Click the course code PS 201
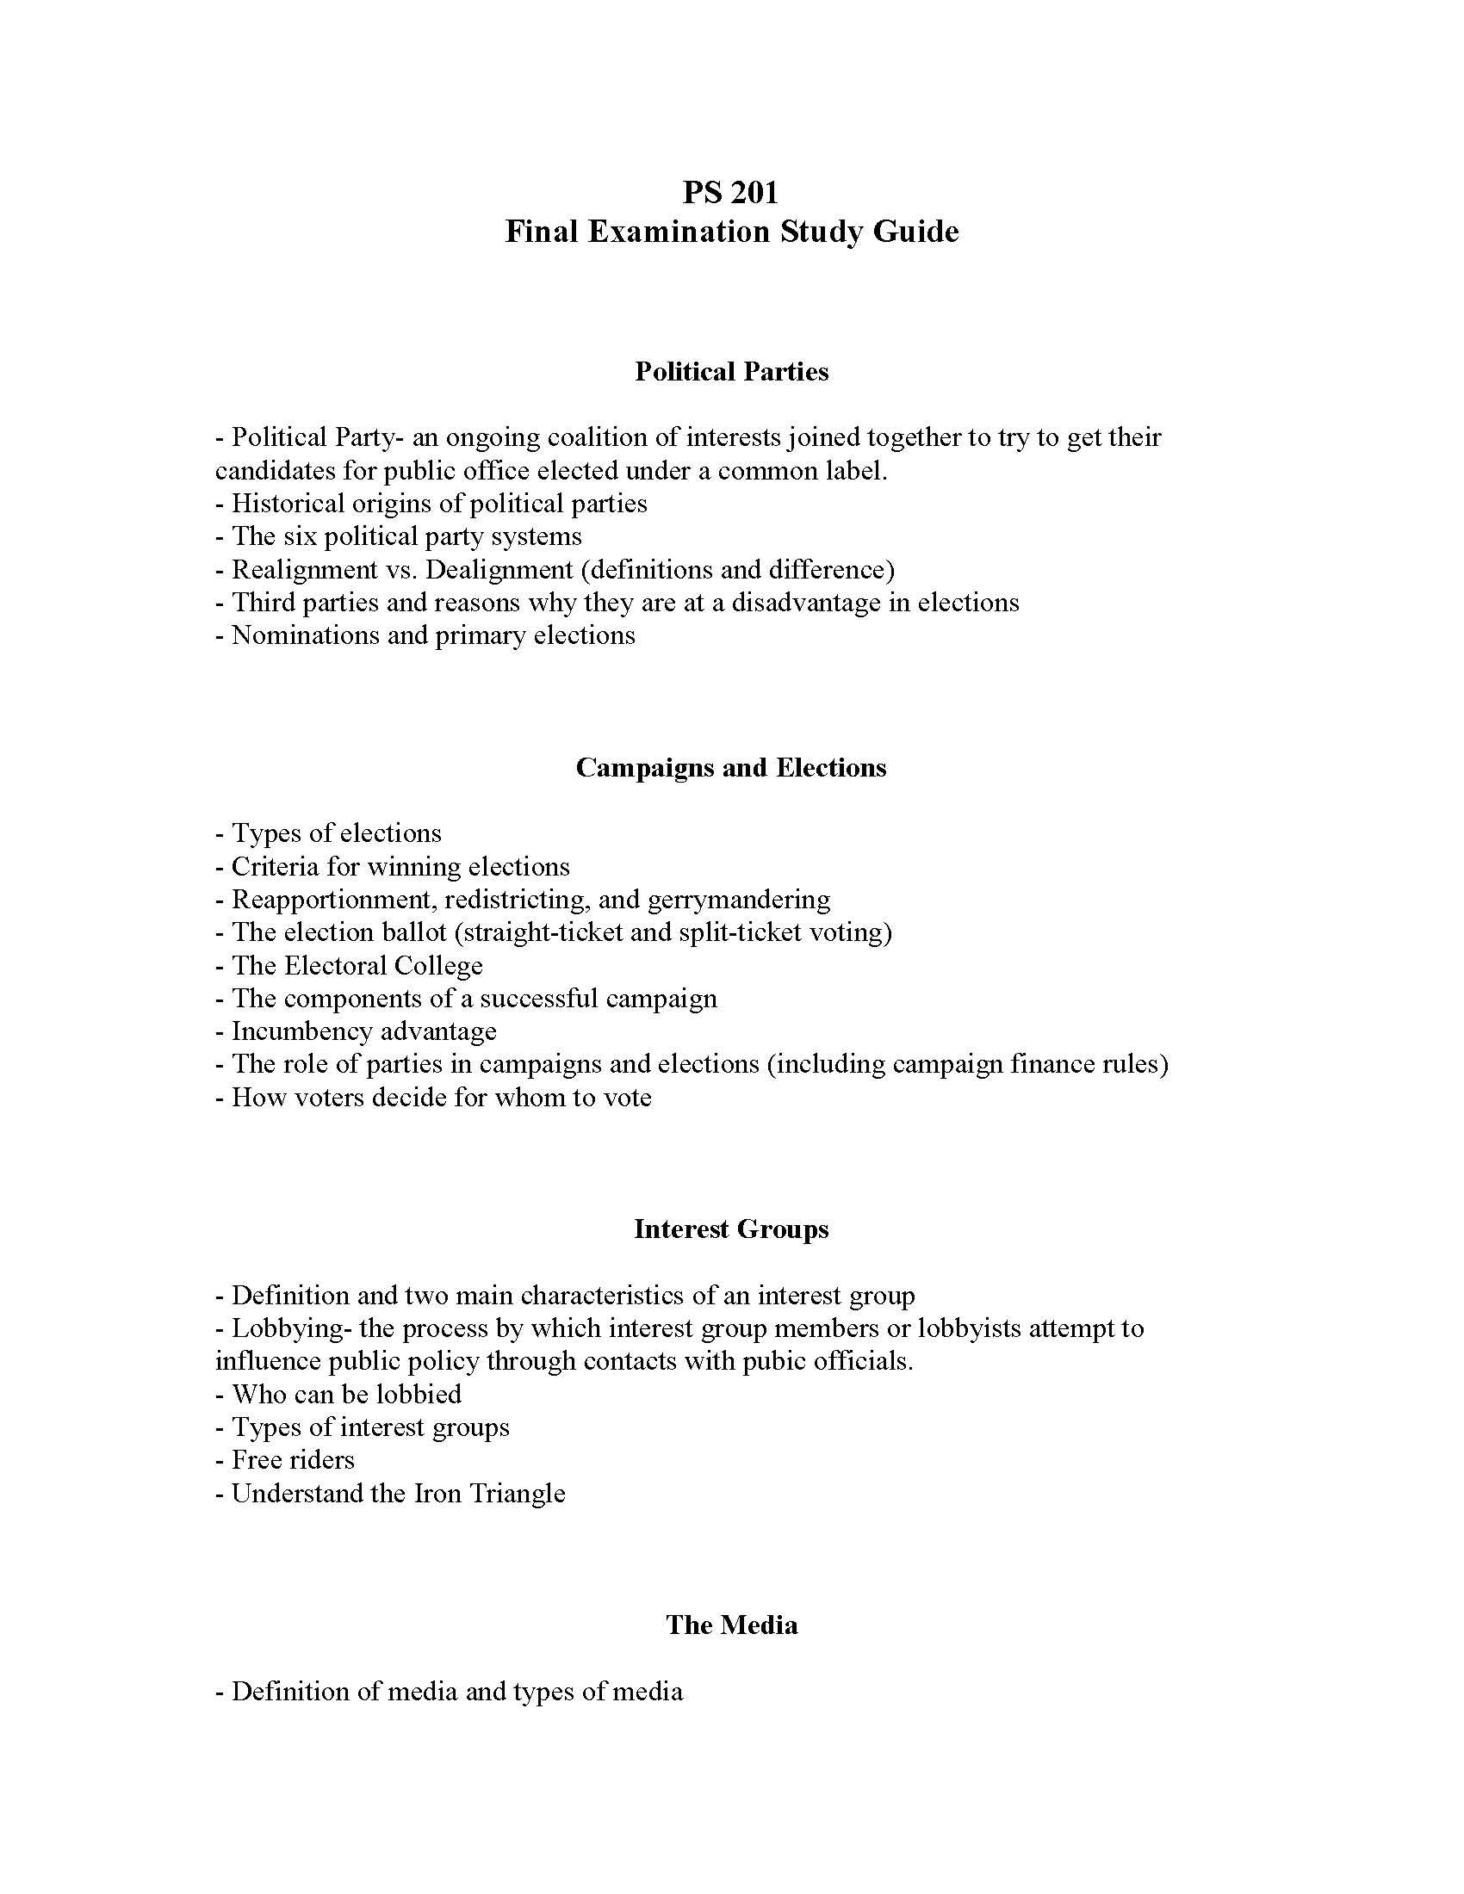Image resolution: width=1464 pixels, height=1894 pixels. pos(730,192)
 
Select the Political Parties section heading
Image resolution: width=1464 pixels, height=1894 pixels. pos(731,372)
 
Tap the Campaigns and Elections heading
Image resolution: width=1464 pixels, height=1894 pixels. pos(731,767)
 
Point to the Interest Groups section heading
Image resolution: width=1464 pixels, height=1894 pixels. pos(731,1229)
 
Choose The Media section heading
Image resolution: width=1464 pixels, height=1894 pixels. pos(731,1625)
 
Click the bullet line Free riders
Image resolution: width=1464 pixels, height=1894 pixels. pos(285,1460)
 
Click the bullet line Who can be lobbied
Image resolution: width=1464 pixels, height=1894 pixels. pos(338,1395)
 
